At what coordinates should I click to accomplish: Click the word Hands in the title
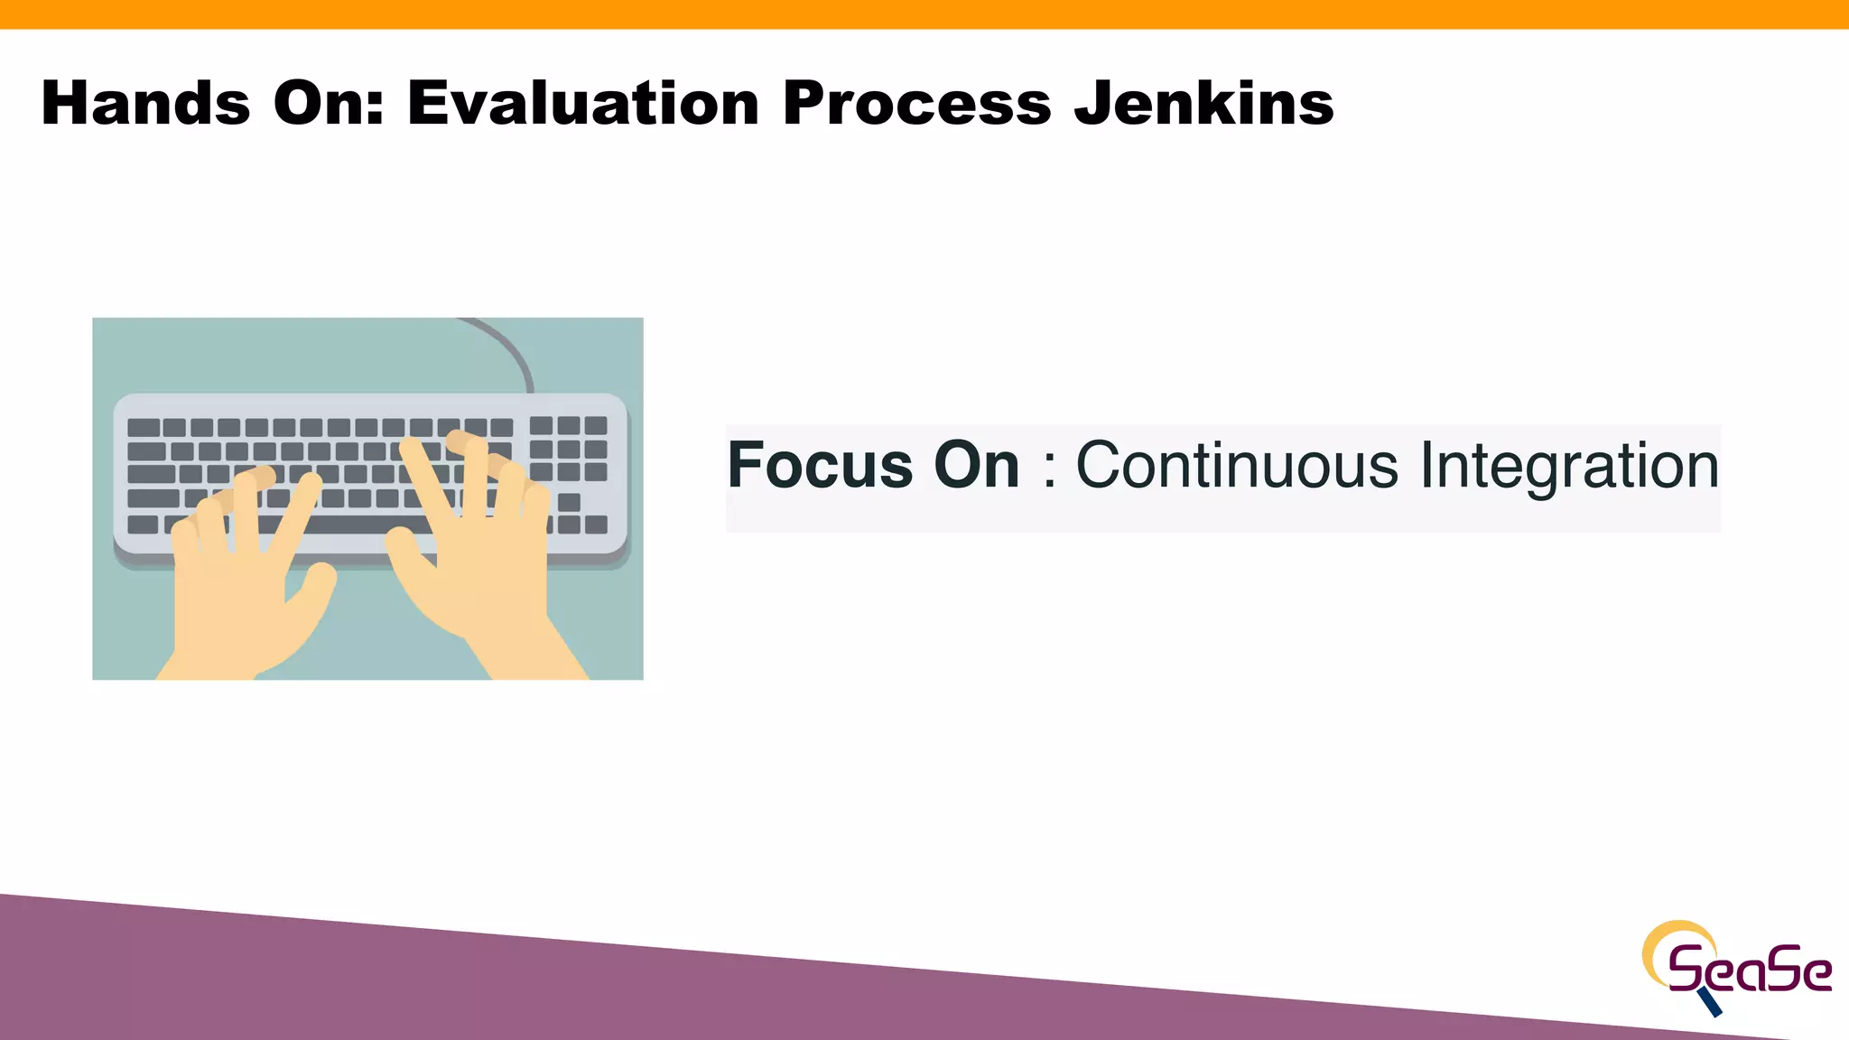(x=145, y=103)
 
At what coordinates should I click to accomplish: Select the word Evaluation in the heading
(x=583, y=103)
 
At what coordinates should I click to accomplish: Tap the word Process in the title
(x=916, y=103)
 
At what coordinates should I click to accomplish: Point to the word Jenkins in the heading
(x=1203, y=103)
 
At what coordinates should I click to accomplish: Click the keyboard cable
(x=510, y=348)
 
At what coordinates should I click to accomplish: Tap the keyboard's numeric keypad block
(x=568, y=449)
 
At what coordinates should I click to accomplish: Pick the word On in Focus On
(x=976, y=466)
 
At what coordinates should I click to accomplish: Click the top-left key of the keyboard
(x=144, y=427)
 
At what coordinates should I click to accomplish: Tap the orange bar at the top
(x=924, y=14)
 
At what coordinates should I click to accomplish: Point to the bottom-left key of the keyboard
(x=143, y=525)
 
